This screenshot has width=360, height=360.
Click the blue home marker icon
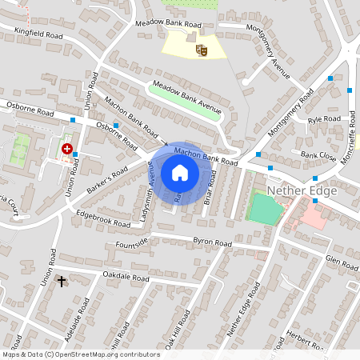[180, 173]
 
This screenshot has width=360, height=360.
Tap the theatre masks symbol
[202, 50]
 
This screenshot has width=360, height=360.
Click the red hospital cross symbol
[67, 149]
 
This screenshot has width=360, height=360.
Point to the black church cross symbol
[62, 282]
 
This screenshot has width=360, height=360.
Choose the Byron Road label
[213, 243]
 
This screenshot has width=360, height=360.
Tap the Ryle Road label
[325, 119]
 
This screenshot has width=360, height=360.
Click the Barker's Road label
[108, 177]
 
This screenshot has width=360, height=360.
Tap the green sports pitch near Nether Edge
[264, 209]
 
